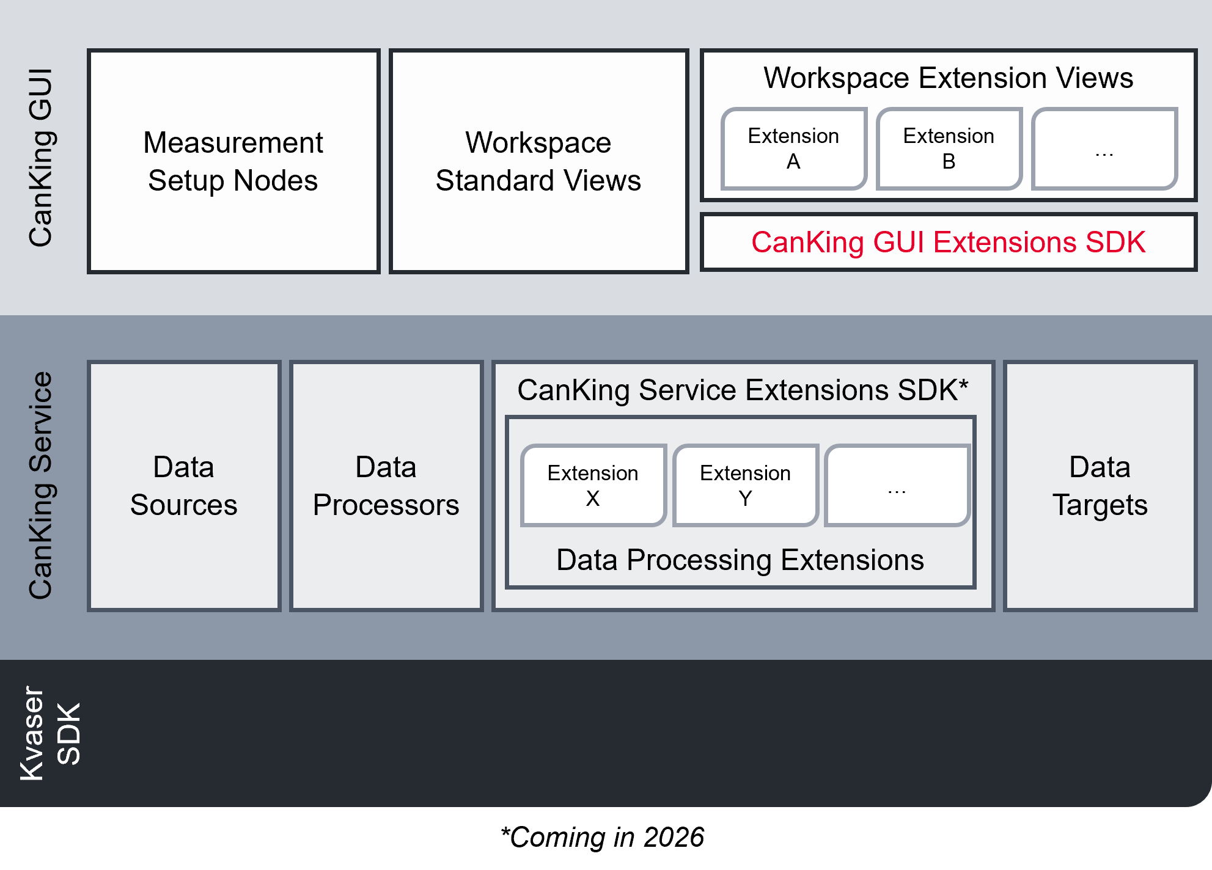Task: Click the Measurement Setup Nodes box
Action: [x=233, y=161]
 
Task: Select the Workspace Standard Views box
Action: [x=538, y=161]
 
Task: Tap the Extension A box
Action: [x=793, y=148]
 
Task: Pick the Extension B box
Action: [x=949, y=148]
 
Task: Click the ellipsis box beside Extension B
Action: [x=1104, y=148]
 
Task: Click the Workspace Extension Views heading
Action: [x=948, y=78]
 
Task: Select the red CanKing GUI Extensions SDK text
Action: [x=948, y=242]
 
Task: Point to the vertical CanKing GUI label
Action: [x=42, y=158]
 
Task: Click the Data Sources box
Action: [x=184, y=486]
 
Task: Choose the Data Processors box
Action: [x=386, y=486]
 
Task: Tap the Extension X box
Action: [x=593, y=485]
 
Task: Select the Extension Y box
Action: [x=745, y=485]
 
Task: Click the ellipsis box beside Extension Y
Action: [x=897, y=485]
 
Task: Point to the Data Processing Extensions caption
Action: [x=740, y=560]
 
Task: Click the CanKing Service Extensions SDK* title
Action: [x=736, y=390]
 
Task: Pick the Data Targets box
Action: [x=1100, y=486]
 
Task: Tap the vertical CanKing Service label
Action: [x=42, y=485]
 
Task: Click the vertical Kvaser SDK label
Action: [x=50, y=733]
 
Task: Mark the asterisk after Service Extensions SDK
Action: [x=963, y=385]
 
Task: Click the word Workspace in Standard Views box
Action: [x=538, y=143]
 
